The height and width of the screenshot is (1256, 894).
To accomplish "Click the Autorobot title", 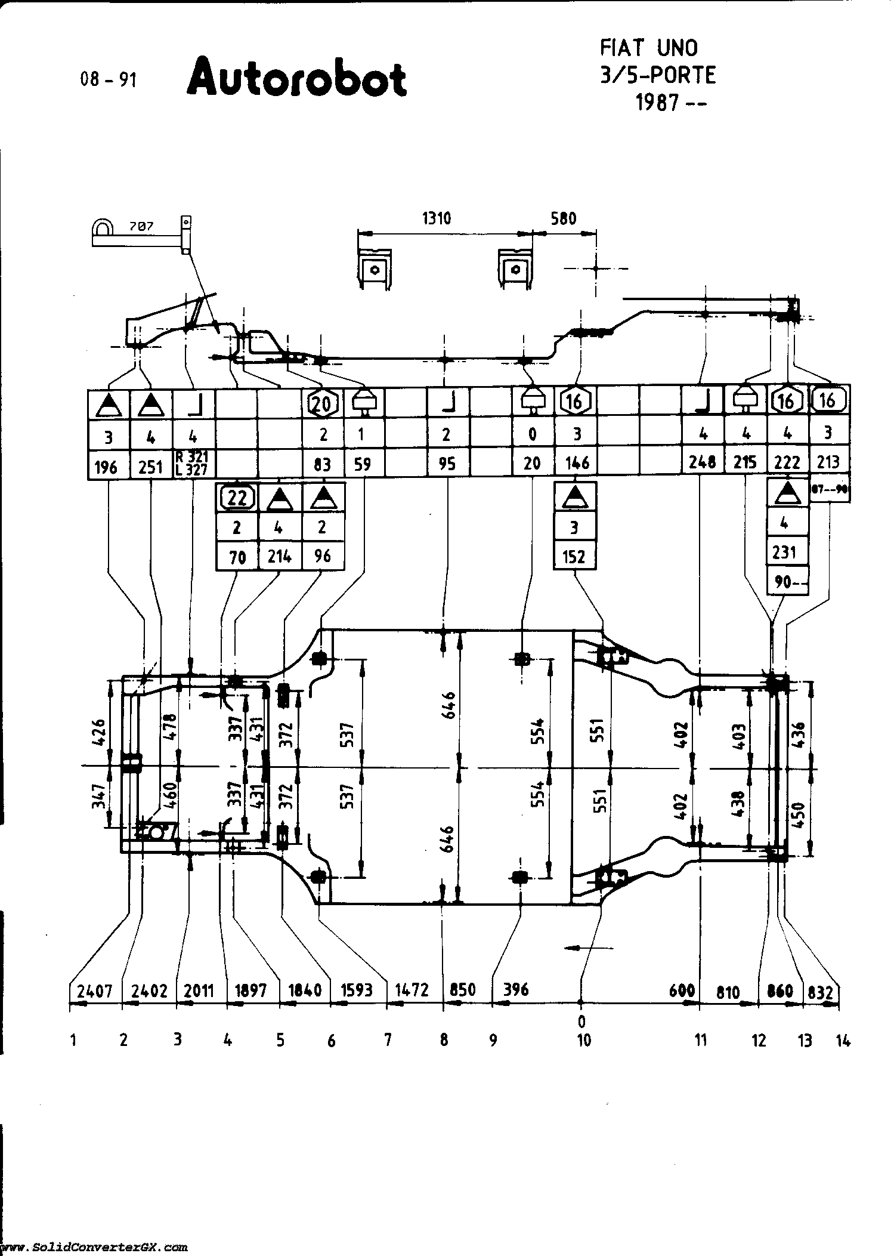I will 297,78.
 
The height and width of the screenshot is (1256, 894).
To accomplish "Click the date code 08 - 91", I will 109,79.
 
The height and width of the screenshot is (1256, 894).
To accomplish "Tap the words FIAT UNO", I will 648,48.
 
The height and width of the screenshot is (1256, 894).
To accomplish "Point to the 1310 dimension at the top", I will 437,218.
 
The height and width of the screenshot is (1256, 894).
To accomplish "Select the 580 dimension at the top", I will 564,218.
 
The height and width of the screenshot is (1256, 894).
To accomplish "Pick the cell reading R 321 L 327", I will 193,464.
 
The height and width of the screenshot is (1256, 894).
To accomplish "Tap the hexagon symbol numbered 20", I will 322,404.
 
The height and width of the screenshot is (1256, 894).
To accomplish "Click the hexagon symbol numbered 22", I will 237,497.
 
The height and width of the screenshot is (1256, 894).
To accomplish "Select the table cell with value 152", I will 575,556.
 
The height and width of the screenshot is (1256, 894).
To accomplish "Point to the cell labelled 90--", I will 787,582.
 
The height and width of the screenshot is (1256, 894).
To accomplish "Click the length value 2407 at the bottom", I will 95,991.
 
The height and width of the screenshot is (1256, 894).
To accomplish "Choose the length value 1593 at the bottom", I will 357,990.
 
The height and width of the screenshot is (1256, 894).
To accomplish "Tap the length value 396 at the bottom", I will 516,989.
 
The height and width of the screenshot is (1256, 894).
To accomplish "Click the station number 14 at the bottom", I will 843,1041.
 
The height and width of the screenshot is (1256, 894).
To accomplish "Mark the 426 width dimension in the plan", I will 98,732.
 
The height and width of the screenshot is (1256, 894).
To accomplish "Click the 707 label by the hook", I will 141,227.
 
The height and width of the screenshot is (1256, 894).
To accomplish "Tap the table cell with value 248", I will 703,461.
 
